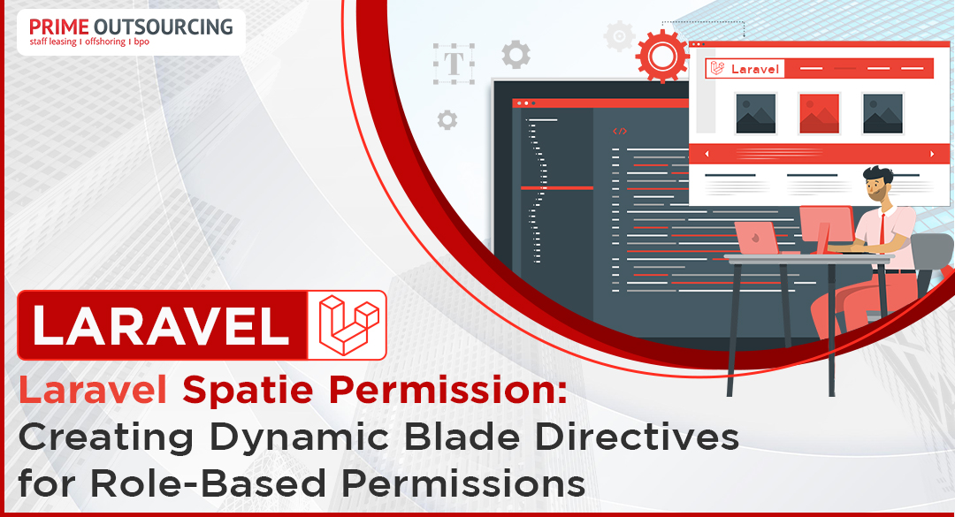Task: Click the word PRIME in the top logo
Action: tap(59, 27)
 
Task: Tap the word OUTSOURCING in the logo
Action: tap(164, 27)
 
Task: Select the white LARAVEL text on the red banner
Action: tap(161, 325)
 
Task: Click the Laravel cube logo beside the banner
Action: tap(348, 324)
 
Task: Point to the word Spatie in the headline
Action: tap(248, 391)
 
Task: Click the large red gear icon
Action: tap(662, 56)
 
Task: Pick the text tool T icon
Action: tap(454, 64)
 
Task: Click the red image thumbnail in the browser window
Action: tap(819, 113)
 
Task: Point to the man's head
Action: tap(877, 182)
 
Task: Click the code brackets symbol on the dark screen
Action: tap(619, 131)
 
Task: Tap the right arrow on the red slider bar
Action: tap(932, 154)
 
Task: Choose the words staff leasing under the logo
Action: tap(53, 42)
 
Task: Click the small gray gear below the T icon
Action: tap(447, 120)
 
